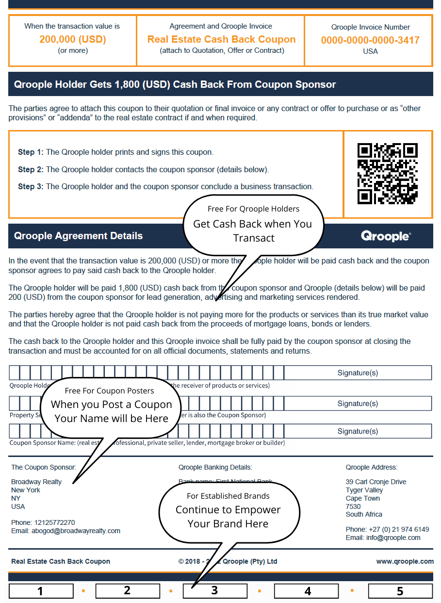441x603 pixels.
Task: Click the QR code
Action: point(387,173)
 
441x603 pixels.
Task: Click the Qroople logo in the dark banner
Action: point(386,236)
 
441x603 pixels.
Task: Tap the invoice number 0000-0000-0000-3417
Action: point(370,40)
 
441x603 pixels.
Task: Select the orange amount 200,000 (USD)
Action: point(73,39)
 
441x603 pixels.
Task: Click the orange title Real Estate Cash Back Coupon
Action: point(221,39)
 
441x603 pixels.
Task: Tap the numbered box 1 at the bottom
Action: point(41,591)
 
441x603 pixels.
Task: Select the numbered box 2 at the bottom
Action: point(127,590)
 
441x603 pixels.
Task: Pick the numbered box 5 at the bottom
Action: point(400,591)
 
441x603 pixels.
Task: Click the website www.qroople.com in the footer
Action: point(405,561)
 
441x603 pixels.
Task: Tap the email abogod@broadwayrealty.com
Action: point(65,531)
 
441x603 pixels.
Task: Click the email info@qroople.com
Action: point(383,538)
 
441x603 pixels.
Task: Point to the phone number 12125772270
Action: point(54,522)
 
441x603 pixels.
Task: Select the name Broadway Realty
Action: point(36,482)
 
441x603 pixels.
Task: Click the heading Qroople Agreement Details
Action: point(78,236)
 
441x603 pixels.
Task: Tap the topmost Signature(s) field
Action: point(358,373)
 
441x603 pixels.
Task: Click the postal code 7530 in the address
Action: point(353,506)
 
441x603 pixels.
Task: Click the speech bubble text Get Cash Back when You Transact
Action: point(252,231)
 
